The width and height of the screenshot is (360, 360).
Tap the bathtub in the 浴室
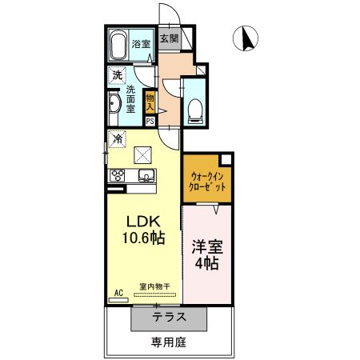click(119, 44)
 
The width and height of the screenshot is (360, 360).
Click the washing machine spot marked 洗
click(117, 75)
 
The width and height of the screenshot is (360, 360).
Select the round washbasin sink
click(114, 105)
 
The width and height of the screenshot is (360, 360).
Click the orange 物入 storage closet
click(150, 102)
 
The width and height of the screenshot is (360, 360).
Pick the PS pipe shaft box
click(150, 121)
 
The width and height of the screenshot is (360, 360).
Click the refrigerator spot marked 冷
click(118, 138)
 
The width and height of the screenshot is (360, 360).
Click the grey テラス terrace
click(170, 317)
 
